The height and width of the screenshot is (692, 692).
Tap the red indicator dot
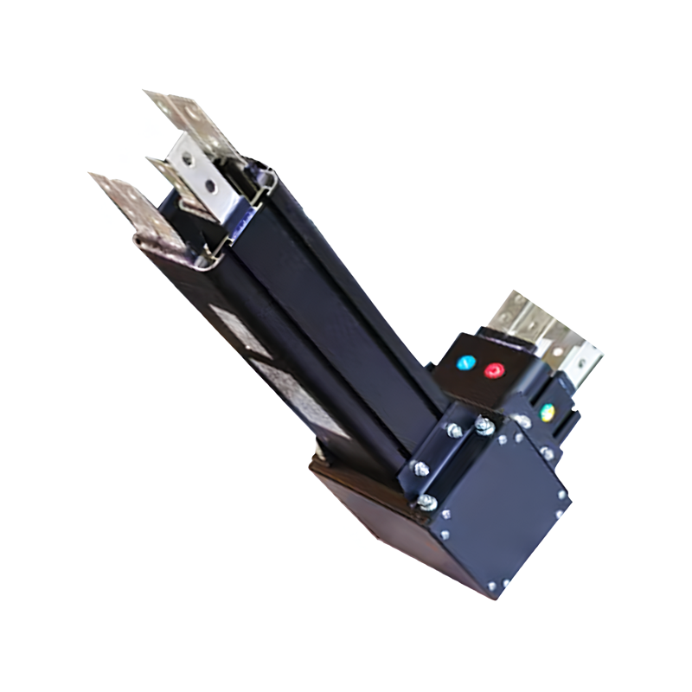(x=494, y=370)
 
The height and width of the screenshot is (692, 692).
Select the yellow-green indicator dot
(x=547, y=412)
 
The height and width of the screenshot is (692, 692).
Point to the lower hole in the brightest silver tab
(x=210, y=184)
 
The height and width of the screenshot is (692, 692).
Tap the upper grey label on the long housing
(x=232, y=329)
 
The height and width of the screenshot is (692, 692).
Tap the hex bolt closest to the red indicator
(x=485, y=426)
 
